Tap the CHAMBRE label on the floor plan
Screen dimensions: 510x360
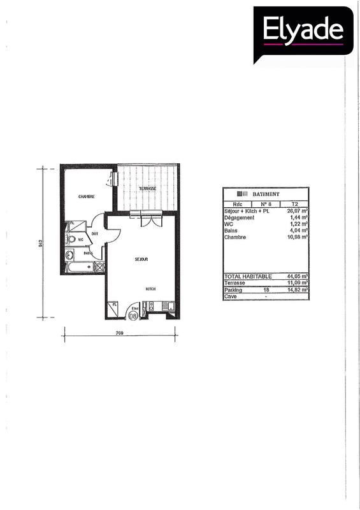pos(87,196)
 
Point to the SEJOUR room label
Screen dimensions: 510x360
pos(141,259)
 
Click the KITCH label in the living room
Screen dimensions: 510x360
pos(150,289)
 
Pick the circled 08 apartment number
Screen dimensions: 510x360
pos(133,315)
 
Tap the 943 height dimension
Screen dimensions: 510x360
pos(40,243)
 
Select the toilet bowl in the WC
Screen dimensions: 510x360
pos(71,240)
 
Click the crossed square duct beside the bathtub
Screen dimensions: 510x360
pos(99,266)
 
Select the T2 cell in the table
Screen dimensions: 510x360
pos(294,204)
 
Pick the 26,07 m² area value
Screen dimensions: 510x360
pos(298,210)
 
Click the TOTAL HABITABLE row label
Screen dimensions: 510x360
pos(248,276)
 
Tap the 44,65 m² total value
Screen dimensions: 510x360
pos(298,276)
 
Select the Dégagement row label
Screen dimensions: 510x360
pos(240,217)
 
